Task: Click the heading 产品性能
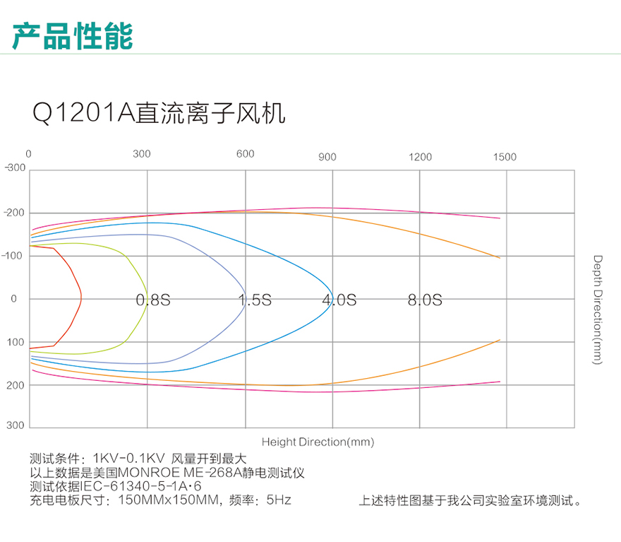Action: (73, 35)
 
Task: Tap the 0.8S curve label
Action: (153, 300)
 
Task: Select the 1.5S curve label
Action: (254, 300)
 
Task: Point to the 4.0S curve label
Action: (339, 300)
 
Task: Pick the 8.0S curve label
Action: (425, 300)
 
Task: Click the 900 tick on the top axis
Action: (327, 157)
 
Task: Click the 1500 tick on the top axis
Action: (505, 157)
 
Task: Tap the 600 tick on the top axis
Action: (245, 154)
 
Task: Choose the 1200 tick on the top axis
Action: (420, 157)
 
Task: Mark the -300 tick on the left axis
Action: (15, 168)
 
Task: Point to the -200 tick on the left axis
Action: (15, 213)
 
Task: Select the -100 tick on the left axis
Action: (15, 255)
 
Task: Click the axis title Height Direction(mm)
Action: (318, 442)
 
